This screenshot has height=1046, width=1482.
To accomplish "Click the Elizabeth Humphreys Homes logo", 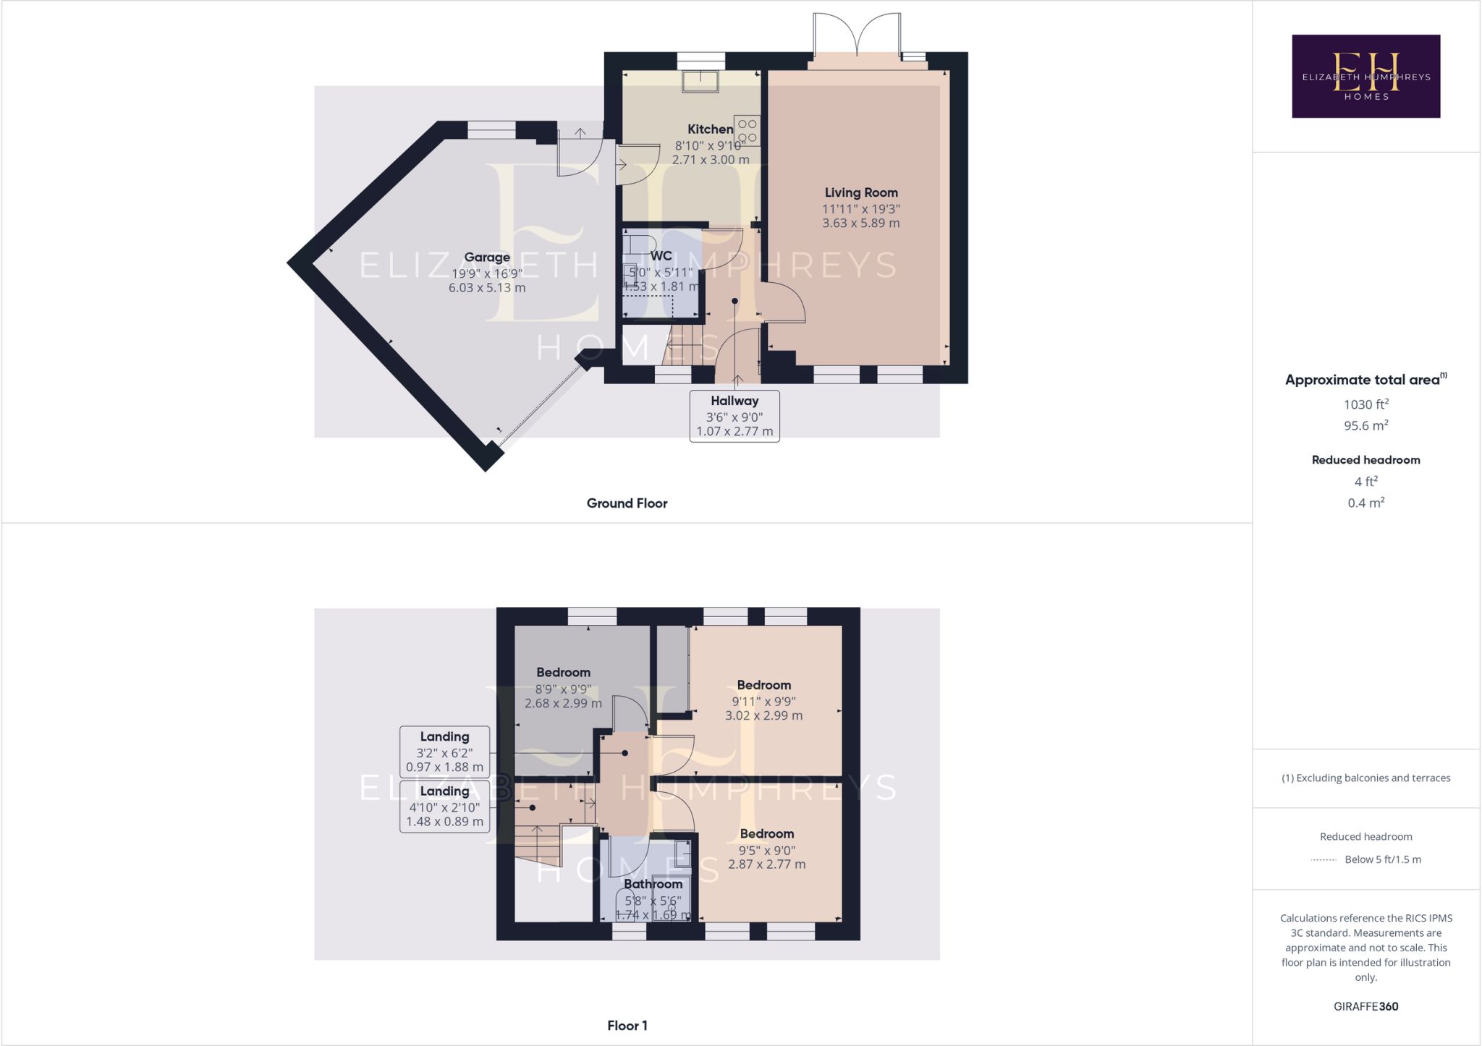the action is point(1365,76).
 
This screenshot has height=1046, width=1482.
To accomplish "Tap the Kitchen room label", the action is point(710,129).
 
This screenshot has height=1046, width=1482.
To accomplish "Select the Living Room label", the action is point(861,192).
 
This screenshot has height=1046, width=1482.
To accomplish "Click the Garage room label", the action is point(487,257).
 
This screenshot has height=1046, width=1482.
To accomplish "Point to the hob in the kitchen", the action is point(747,130).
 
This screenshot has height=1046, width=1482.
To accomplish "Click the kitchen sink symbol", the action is point(700,81).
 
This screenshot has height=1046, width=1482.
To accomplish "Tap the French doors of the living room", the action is point(857,35).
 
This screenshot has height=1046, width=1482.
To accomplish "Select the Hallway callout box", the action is point(734,416).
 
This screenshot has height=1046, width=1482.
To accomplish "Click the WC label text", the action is point(661,256).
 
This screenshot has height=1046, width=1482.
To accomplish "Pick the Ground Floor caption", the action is point(627,503).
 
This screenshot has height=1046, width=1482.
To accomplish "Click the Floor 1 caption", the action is point(627,1026).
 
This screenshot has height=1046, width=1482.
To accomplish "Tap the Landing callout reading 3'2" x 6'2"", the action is point(444,752).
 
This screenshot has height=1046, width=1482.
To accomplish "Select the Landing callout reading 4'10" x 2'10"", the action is point(444,806).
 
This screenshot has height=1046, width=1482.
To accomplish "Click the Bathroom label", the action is point(653,884).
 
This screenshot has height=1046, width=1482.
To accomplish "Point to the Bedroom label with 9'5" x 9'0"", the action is point(767,834).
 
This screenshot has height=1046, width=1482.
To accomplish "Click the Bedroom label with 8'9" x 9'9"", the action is point(563,673).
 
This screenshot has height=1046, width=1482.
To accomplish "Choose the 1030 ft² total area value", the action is point(1366,404).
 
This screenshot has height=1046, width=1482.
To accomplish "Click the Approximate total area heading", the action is point(1365,380).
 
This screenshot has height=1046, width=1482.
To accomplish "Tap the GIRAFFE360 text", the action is point(1365,1006).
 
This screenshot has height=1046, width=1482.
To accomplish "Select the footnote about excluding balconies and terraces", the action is point(1365,778).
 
